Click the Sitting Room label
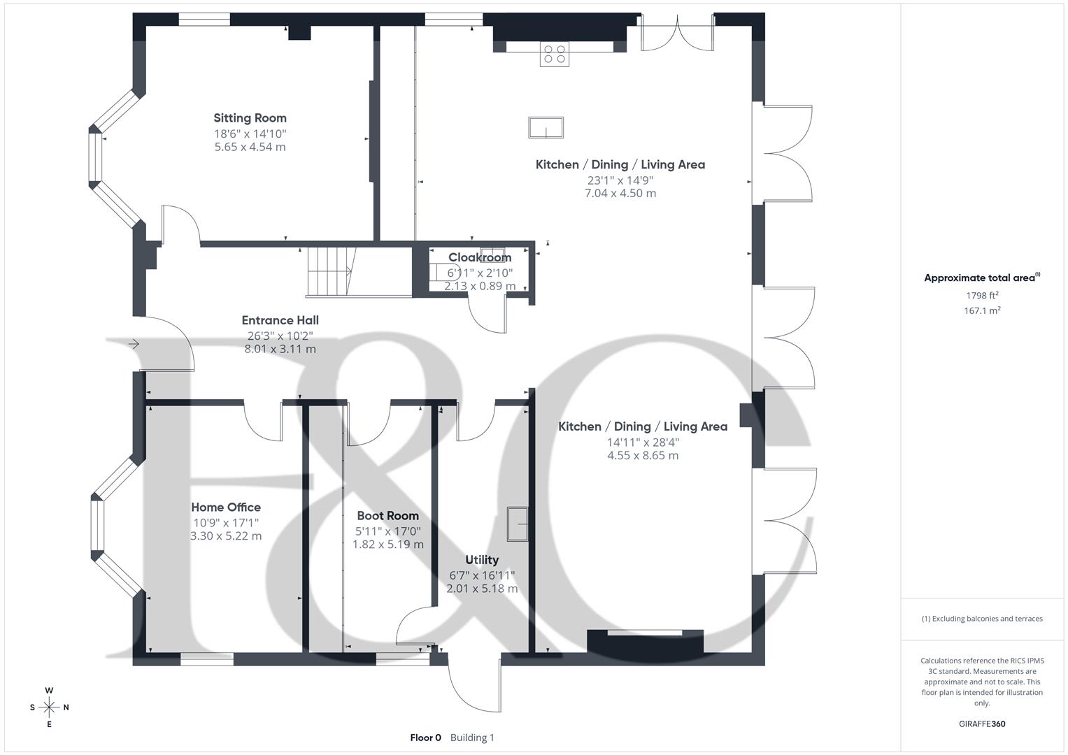[250, 117]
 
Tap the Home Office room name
[226, 507]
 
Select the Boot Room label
[387, 516]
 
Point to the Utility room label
[482, 560]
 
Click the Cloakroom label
[480, 257]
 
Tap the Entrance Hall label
[280, 320]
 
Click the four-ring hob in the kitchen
[555, 54]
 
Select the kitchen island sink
[546, 128]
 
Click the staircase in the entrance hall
[332, 272]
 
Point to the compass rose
[49, 707]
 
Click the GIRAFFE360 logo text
[982, 724]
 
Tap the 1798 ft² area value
[982, 296]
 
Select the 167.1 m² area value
[982, 311]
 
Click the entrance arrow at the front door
[134, 344]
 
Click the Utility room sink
[518, 524]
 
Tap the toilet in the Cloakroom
[438, 273]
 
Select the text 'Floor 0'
[426, 738]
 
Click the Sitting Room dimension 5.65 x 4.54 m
[250, 147]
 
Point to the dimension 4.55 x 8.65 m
[643, 455]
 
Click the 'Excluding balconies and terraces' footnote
[982, 619]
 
